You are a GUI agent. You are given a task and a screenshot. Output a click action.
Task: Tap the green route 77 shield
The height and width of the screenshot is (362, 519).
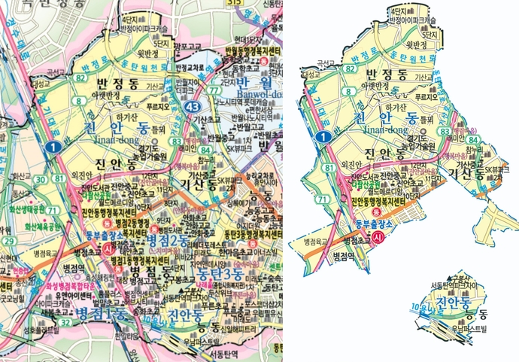coord(215,90)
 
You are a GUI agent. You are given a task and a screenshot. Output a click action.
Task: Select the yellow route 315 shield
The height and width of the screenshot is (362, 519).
coord(235,3)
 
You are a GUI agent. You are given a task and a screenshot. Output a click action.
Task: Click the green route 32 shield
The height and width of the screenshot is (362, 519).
coord(65,323)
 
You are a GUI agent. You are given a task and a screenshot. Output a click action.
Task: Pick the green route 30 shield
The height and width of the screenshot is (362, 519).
coord(39,178)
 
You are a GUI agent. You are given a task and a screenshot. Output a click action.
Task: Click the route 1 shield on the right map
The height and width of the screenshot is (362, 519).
coord(322,136)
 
